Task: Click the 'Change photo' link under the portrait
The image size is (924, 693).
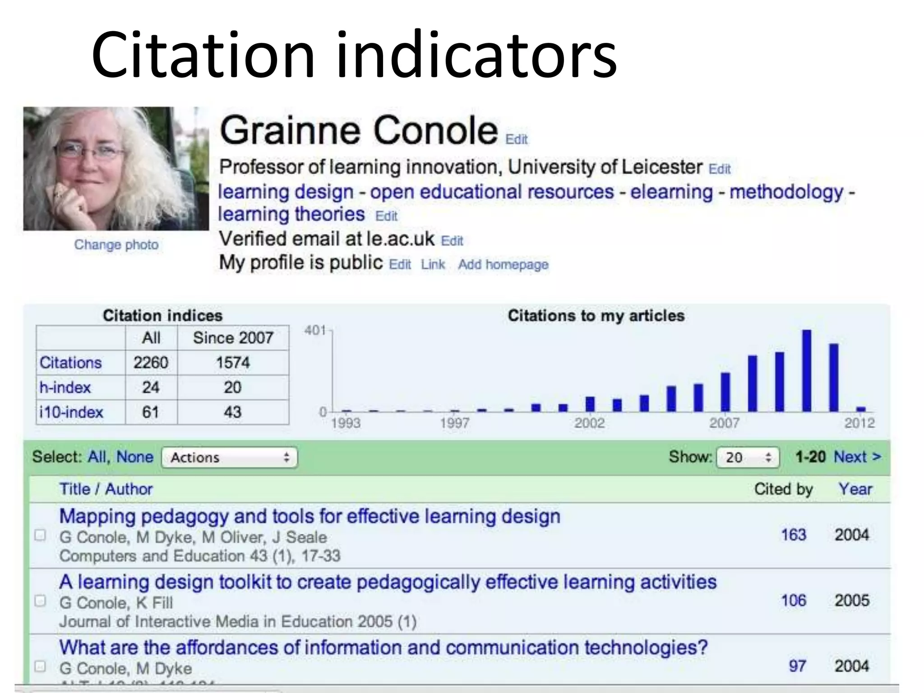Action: [116, 245]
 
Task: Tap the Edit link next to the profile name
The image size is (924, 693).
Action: [516, 139]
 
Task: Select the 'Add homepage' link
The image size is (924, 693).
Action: [503, 264]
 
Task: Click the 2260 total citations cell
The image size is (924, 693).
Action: [151, 363]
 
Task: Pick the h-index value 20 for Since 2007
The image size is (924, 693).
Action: [232, 388]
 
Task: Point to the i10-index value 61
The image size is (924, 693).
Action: [150, 412]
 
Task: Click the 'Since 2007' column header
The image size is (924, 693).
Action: [233, 338]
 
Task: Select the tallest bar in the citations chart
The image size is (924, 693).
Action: [807, 370]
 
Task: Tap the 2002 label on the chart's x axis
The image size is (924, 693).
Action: [589, 423]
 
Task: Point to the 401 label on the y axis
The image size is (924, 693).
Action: [315, 331]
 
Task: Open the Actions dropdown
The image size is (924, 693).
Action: [230, 457]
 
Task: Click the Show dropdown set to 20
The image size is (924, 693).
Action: [748, 457]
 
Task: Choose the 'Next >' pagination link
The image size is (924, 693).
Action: [857, 457]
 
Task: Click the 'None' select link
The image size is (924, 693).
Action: [134, 457]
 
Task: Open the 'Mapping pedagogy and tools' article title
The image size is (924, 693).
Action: [310, 517]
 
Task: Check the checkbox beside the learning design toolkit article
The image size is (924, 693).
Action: [40, 601]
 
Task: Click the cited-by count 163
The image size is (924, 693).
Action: [793, 535]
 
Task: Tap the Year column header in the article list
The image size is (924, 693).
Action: [855, 489]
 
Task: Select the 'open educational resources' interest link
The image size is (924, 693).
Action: [492, 192]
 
